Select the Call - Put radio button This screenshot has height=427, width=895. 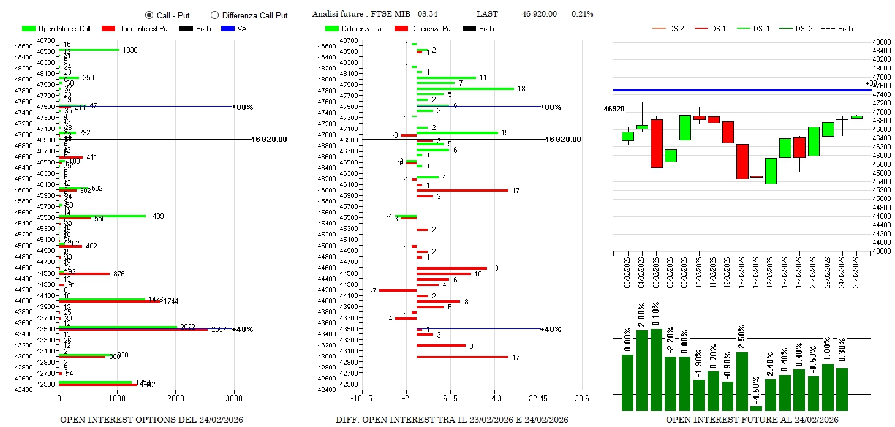pos(149,15)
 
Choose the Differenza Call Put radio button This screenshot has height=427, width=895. pos(214,15)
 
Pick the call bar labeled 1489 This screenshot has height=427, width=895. pos(102,216)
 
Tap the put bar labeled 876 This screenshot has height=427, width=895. pos(84,274)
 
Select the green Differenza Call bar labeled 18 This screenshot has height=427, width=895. pos(465,89)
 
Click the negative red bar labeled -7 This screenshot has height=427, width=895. pos(398,290)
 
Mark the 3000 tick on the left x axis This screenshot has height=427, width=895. pos(234,399)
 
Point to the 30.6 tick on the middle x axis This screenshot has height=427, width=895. pos(581,399)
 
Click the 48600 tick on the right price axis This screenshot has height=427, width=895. pos(882,42)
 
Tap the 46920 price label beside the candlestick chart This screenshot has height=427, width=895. pos(614,108)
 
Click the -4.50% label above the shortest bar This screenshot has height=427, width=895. pos(757,387)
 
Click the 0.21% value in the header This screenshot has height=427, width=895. pos(582,14)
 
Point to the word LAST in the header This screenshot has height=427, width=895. pos(487,14)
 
